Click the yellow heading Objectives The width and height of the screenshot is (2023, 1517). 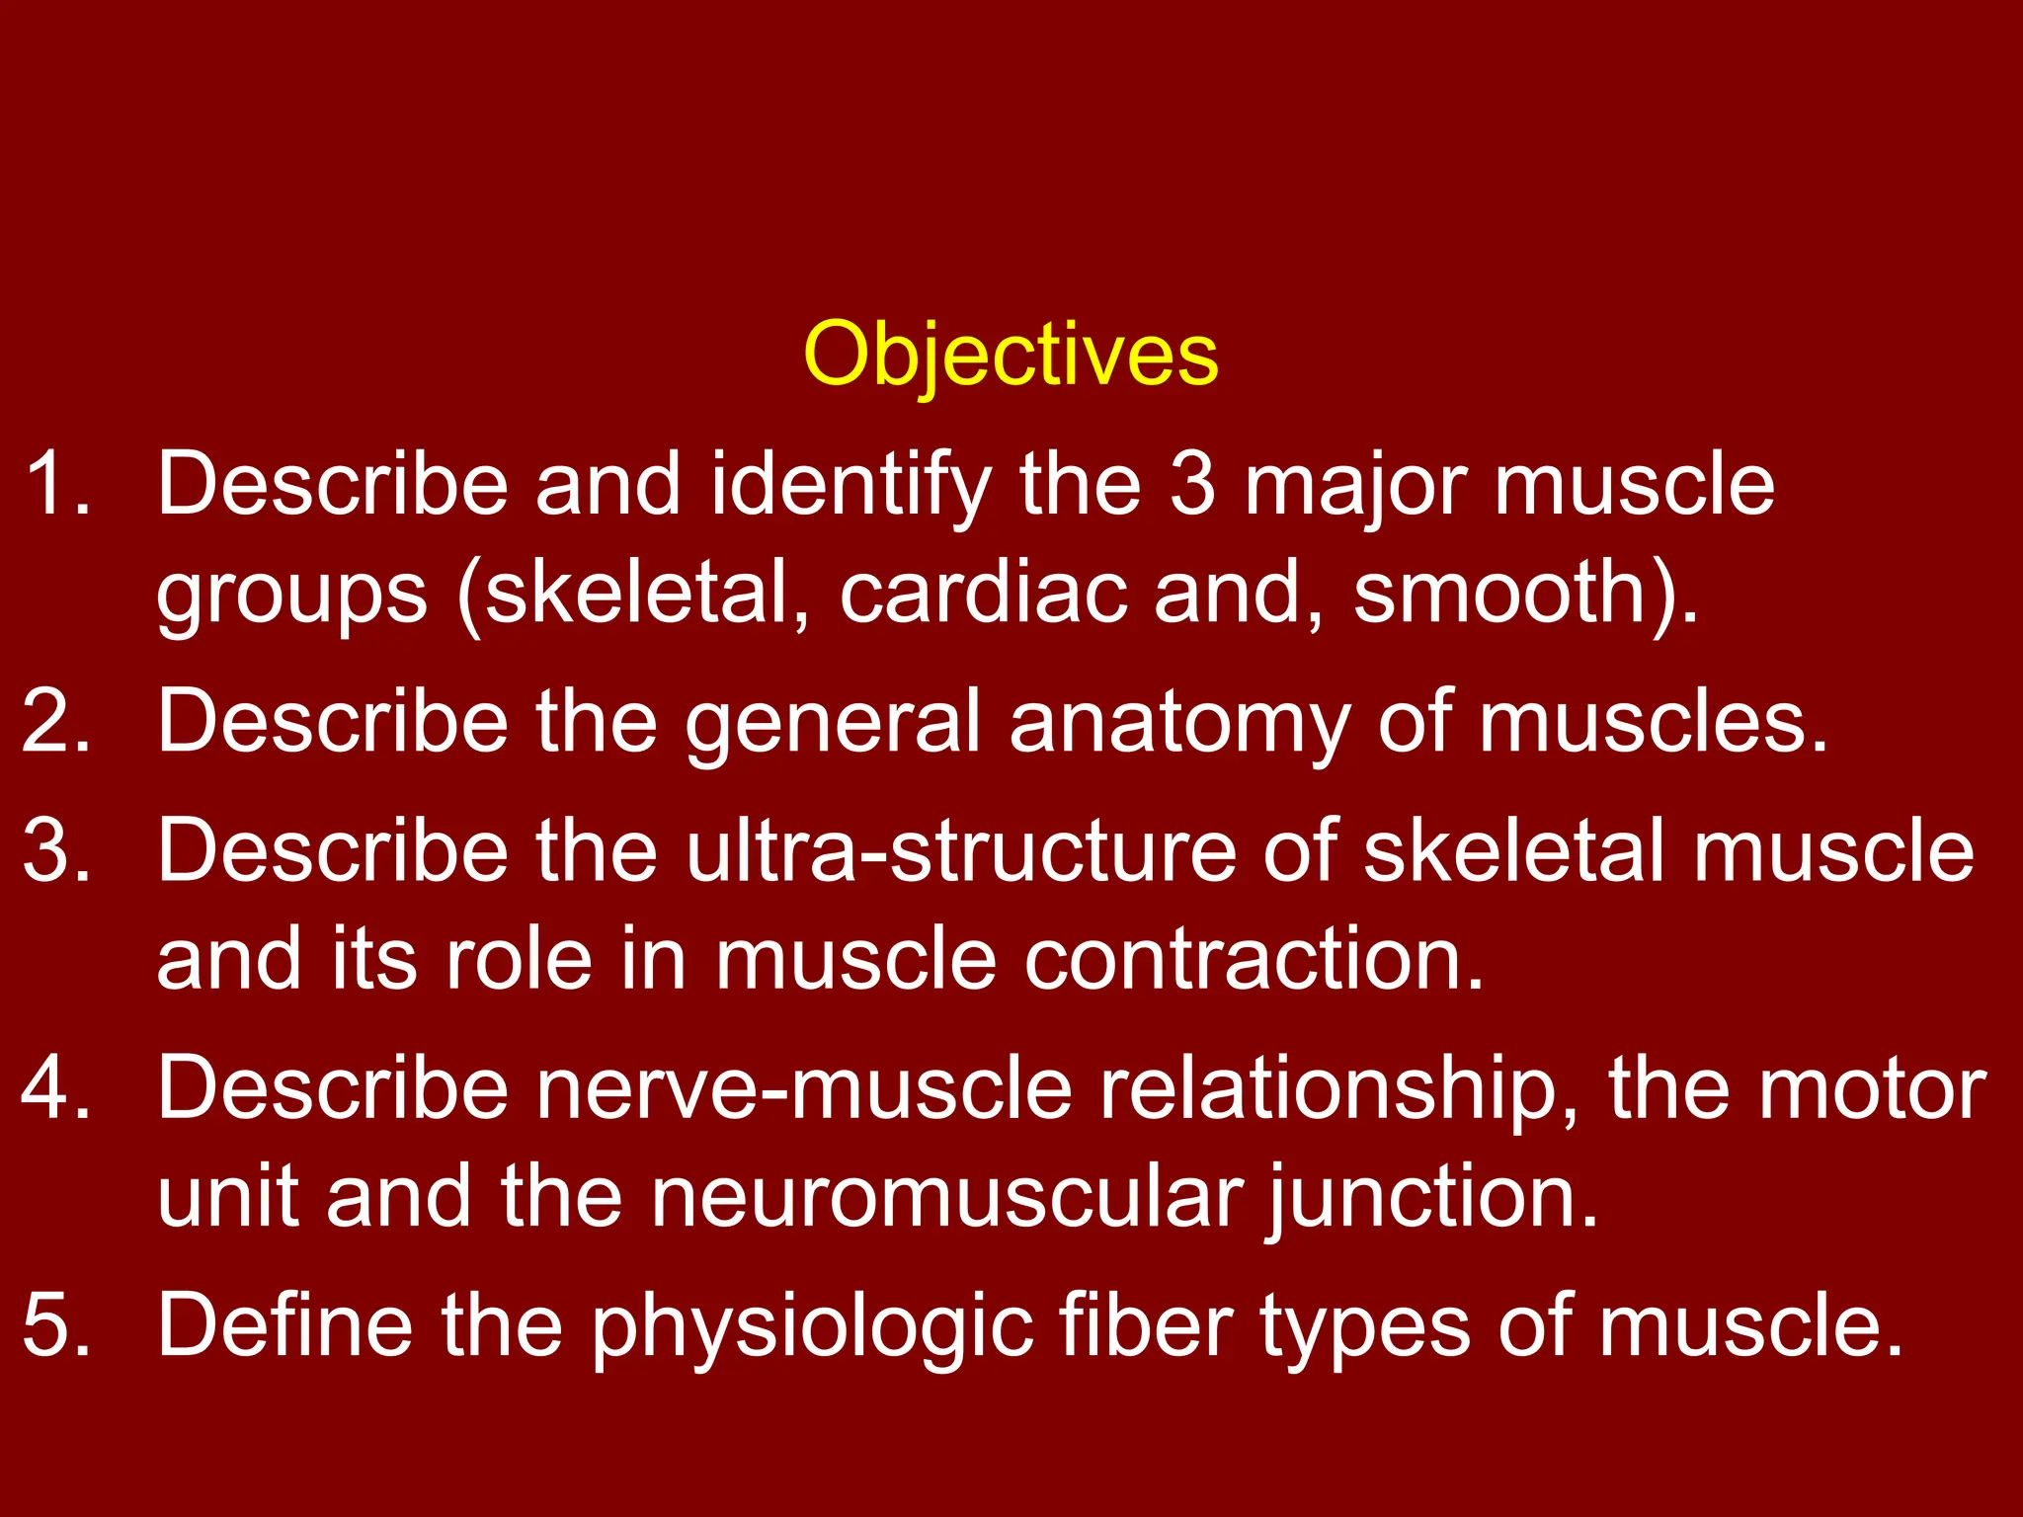pos(1011,355)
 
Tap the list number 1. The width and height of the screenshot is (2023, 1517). pos(56,484)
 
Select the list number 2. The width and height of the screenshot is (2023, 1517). pos(56,721)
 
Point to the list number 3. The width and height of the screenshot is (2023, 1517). pos(56,850)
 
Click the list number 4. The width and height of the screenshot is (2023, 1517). pos(56,1087)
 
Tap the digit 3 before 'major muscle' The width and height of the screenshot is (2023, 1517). pos(1191,484)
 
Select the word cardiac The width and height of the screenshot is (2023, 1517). pos(983,592)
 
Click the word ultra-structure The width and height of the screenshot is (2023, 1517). pos(960,850)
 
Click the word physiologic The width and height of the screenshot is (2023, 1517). pos(812,1326)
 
